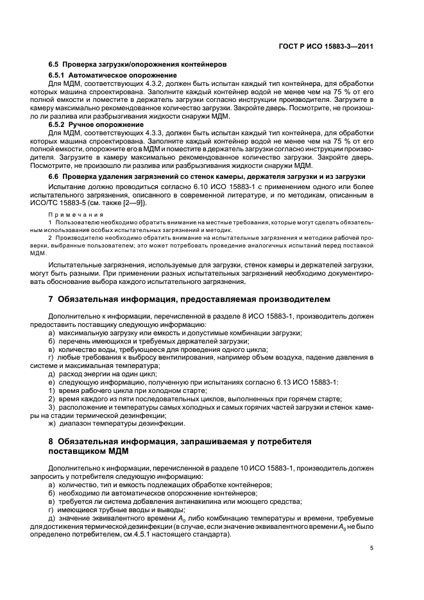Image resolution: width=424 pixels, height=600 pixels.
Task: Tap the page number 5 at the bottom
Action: tap(371, 548)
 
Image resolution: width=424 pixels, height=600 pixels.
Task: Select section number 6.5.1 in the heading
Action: tap(58, 76)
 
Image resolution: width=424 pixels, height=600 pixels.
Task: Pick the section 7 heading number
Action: tap(51, 299)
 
